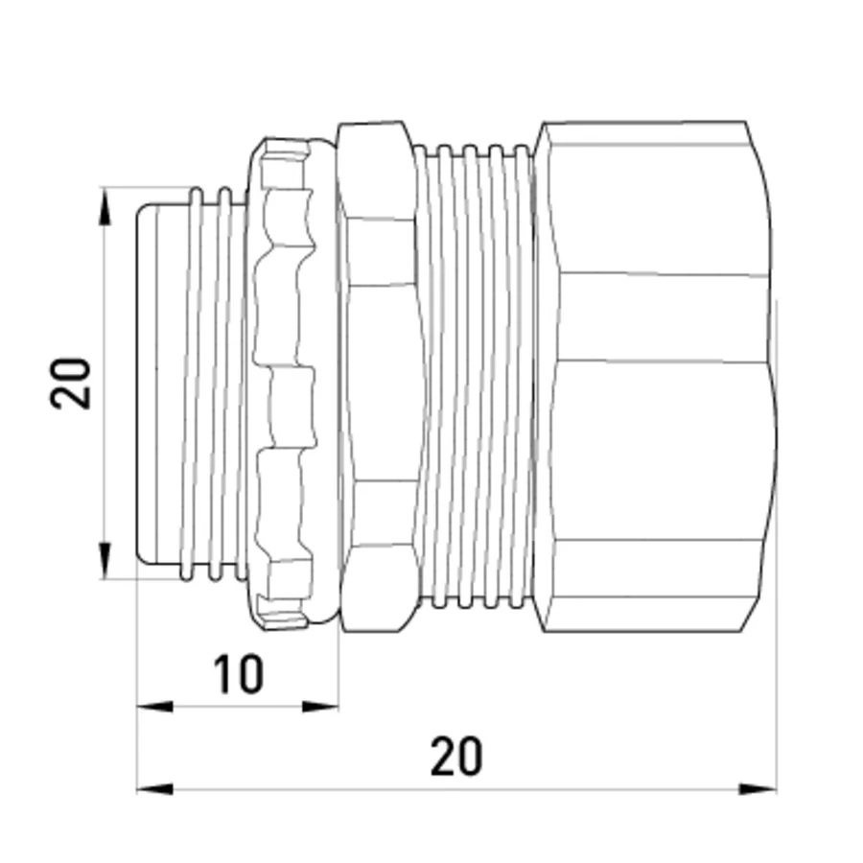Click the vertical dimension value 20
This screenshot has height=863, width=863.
70,384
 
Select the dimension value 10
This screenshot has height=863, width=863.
239,674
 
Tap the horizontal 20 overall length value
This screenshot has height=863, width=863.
456,757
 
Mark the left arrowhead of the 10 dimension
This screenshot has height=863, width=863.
154,706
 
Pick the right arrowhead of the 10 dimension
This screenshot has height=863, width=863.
320,706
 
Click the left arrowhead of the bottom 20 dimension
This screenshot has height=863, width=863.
154,789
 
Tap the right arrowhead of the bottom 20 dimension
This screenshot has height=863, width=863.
758,789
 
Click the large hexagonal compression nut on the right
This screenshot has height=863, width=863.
655,377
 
